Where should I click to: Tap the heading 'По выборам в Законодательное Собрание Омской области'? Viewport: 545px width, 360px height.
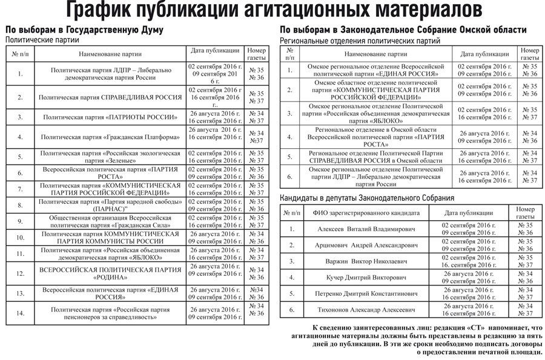(x=403, y=30)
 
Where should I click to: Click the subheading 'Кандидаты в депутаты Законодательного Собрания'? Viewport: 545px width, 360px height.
(x=366, y=198)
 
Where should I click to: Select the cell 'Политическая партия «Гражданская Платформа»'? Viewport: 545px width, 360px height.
(x=110, y=137)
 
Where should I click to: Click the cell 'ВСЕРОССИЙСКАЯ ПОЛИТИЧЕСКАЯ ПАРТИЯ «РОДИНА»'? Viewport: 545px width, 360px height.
(x=110, y=273)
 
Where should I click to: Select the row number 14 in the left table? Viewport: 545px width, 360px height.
(x=21, y=313)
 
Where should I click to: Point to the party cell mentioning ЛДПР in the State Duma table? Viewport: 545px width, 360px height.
(x=110, y=74)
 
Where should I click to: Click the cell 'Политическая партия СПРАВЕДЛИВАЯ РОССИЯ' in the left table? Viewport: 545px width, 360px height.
(x=110, y=97)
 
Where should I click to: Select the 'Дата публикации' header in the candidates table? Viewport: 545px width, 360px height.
(x=468, y=213)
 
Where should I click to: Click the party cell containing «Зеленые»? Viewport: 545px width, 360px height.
(x=110, y=157)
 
